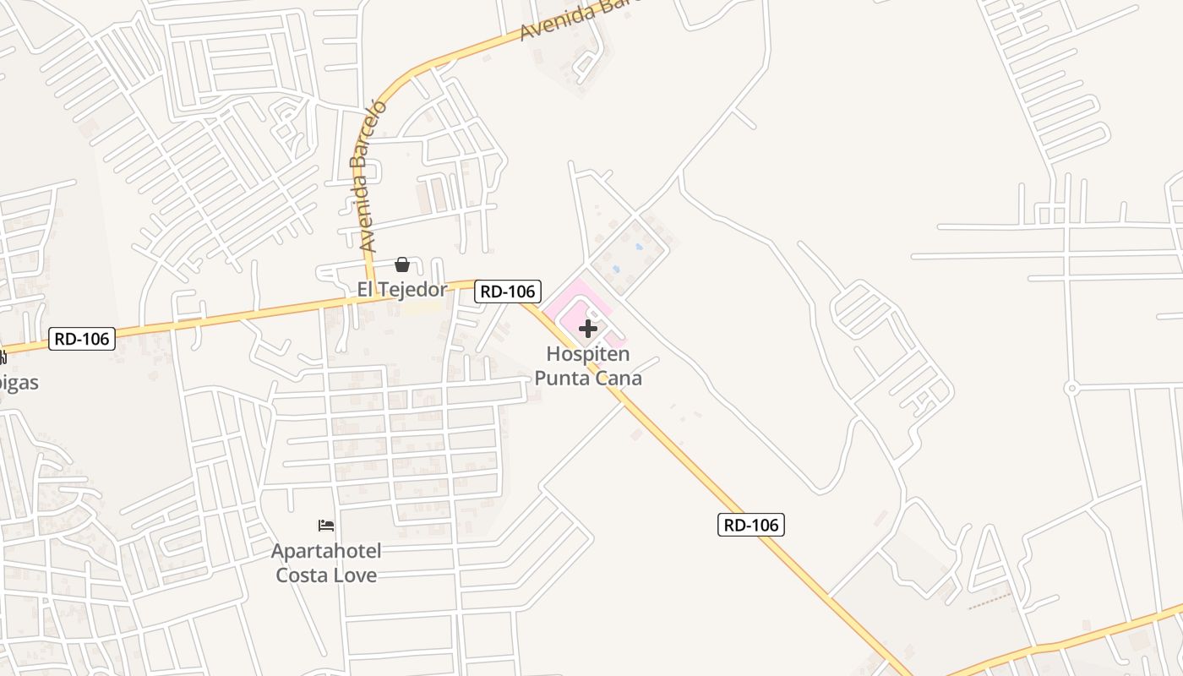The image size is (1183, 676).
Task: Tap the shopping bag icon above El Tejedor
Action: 402,265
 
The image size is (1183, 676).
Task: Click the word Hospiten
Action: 588,354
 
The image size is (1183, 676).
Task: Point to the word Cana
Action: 619,378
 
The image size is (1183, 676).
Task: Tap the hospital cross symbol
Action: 588,329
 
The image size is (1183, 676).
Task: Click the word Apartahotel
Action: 326,552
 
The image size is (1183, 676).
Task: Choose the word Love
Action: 357,575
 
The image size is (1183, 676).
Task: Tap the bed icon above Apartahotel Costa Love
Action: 326,526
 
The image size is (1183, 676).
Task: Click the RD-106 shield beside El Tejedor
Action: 507,292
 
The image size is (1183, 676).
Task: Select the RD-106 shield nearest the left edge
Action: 81,339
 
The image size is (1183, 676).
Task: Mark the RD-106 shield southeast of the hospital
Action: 752,525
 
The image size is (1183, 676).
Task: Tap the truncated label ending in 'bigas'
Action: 19,382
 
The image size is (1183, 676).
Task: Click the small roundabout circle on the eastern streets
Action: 1071,389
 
